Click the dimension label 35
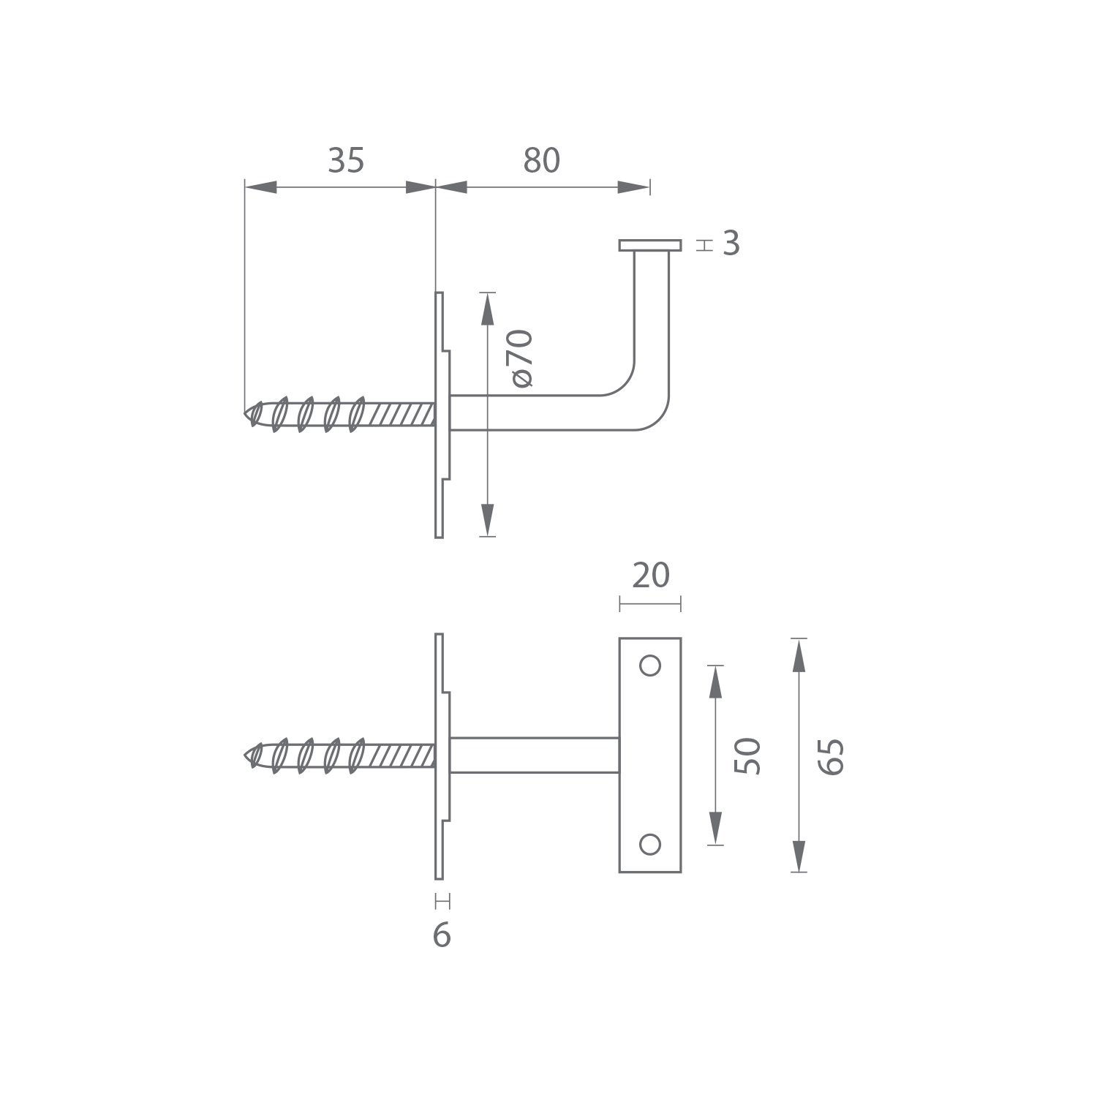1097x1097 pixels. coord(346,161)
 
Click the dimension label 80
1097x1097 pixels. coord(542,161)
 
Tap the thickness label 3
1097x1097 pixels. coord(731,244)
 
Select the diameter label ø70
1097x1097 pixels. coord(522,358)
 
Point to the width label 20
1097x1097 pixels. coord(651,576)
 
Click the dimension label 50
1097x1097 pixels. coord(747,755)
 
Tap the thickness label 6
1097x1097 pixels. coord(442,935)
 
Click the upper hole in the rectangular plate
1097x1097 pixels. coord(650,666)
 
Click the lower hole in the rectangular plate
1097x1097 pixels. coord(650,844)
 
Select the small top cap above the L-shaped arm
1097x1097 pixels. coord(650,245)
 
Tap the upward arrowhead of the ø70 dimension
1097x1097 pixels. coord(487,308)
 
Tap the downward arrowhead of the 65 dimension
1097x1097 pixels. coord(799,856)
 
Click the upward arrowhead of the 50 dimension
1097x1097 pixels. coord(715,682)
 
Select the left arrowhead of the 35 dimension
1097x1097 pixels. coord(261,187)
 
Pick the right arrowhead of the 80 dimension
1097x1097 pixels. coord(633,187)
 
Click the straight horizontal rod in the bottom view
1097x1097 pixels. coord(535,755)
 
